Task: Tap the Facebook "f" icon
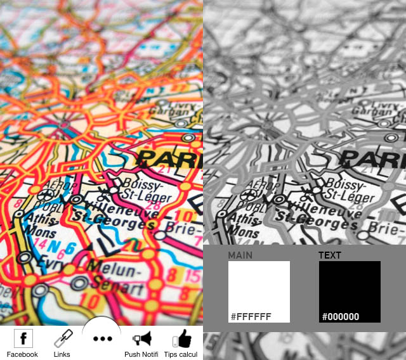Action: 23,338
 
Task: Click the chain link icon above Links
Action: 62,339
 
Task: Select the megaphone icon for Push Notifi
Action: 141,338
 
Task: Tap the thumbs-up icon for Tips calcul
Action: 181,338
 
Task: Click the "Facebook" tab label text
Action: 22,354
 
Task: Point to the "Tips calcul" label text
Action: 181,354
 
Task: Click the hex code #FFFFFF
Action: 251,316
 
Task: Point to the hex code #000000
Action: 341,316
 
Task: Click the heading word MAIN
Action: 240,255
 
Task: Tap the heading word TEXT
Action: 330,255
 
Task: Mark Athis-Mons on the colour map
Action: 39,225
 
